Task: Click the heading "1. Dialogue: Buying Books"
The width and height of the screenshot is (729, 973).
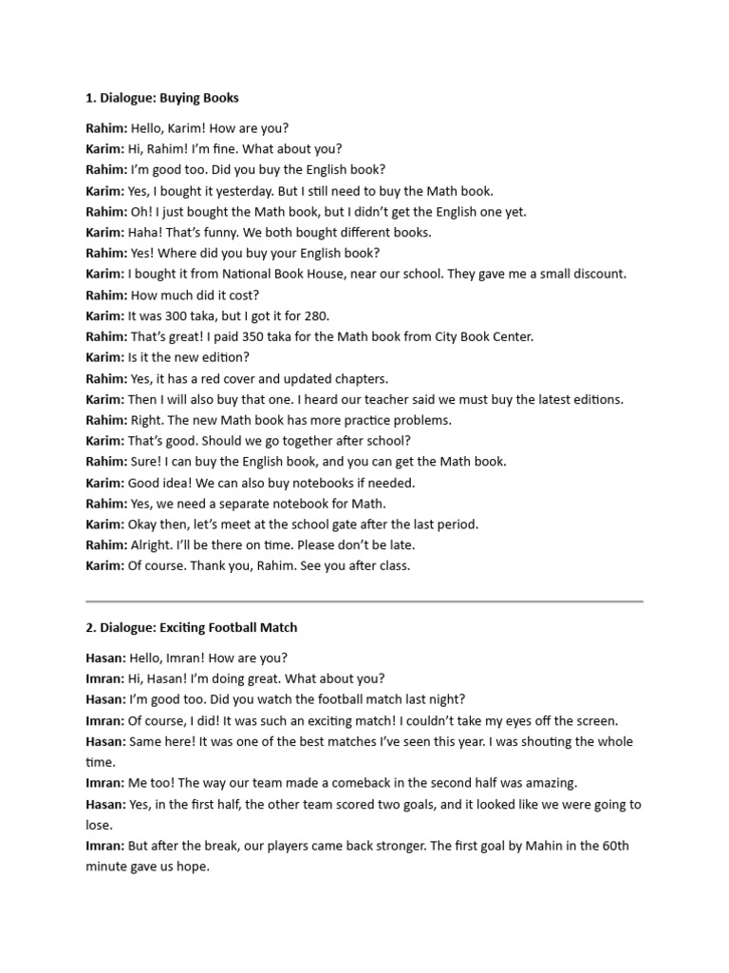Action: [x=162, y=98]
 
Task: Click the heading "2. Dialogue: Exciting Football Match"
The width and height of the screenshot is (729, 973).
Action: [x=191, y=627]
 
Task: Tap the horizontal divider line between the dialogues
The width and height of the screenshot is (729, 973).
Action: [x=364, y=601]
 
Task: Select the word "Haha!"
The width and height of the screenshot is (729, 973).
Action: [x=145, y=232]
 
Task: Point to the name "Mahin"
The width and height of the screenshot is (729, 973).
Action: [x=532, y=846]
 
